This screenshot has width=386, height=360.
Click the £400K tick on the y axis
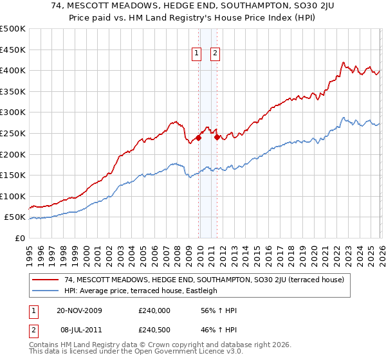(13, 70)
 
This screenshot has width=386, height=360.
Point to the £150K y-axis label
(13, 175)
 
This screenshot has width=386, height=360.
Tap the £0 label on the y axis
(19, 238)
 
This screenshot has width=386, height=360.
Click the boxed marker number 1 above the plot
(197, 54)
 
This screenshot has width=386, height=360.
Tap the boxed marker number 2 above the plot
(214, 54)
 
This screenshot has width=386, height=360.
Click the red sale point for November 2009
(199, 137)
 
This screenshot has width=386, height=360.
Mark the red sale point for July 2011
(217, 137)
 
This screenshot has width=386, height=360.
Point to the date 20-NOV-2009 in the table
(79, 310)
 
